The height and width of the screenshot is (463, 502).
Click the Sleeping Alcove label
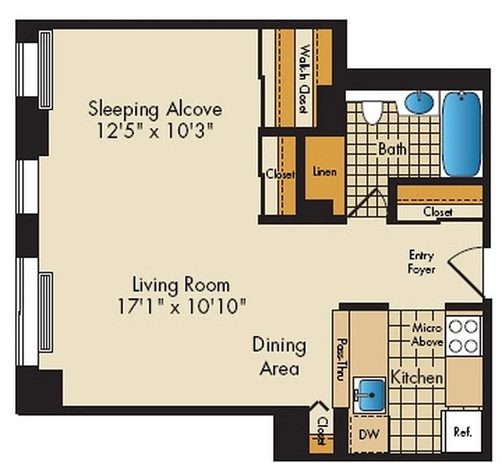coord(155,108)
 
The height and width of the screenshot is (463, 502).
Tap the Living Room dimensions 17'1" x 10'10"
coord(181,305)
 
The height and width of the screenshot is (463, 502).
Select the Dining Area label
coord(279,356)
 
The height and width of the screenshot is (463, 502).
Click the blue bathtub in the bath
coord(461,134)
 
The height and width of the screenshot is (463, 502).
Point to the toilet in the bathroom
coord(372,111)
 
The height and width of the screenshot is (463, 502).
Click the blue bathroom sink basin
coord(419,103)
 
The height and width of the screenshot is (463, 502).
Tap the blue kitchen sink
coord(369,395)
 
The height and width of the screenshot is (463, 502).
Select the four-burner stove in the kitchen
coord(464,336)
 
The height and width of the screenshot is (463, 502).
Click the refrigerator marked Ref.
coord(462,432)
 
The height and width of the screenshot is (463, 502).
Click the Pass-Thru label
coord(341,359)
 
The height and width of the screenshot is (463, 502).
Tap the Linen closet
coord(324,171)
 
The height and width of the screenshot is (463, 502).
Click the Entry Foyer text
coord(422,262)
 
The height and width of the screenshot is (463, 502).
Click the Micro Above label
coord(427,335)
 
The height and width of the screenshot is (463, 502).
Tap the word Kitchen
coord(417,377)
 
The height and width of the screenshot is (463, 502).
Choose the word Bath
coord(393,149)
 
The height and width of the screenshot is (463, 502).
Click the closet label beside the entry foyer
coord(438,212)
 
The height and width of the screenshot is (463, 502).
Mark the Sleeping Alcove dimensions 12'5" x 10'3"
coord(155,130)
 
